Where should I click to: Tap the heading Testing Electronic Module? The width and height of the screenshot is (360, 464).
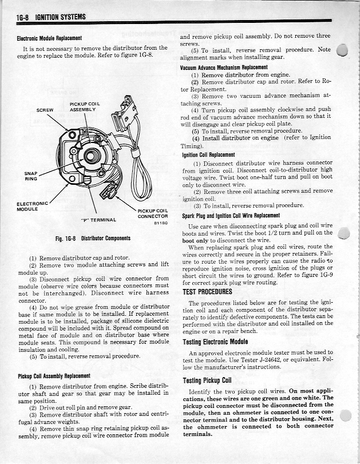219,342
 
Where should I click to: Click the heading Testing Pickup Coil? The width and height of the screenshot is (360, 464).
207,380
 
